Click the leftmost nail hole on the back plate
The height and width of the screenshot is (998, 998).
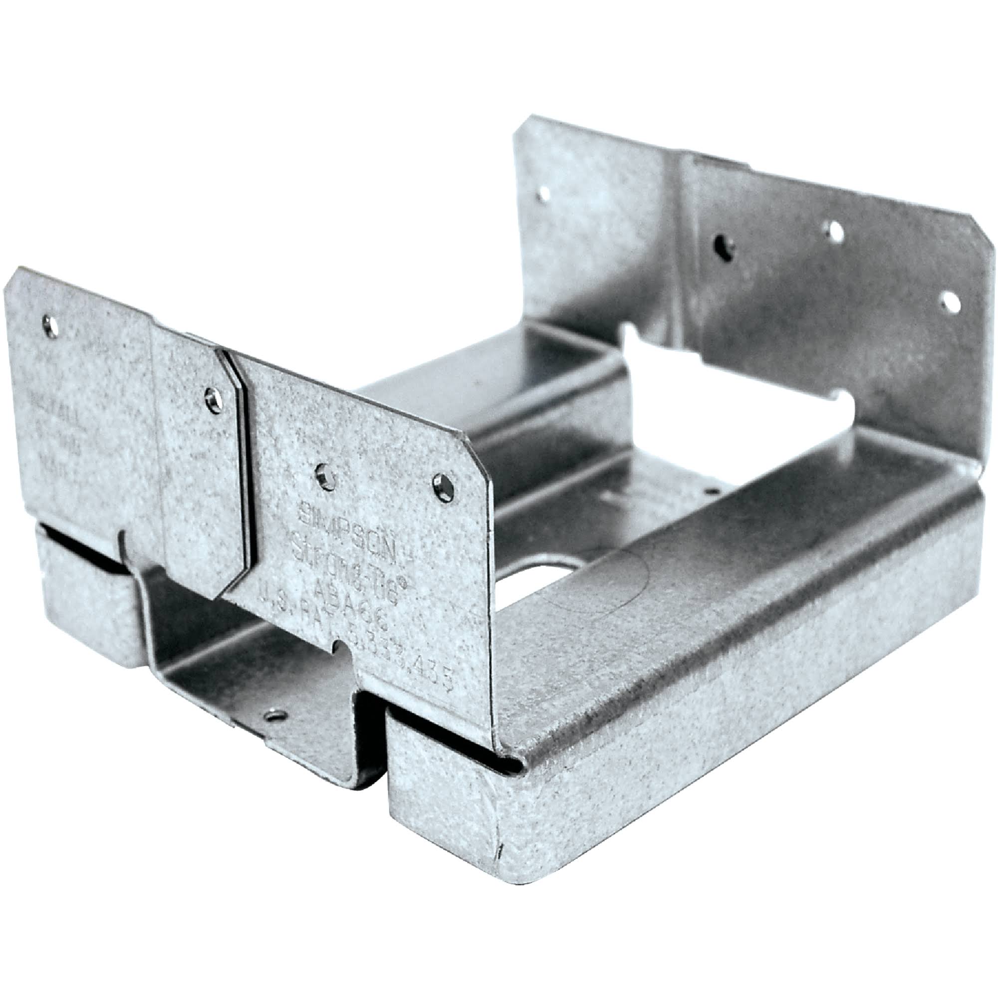tap(543, 195)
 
